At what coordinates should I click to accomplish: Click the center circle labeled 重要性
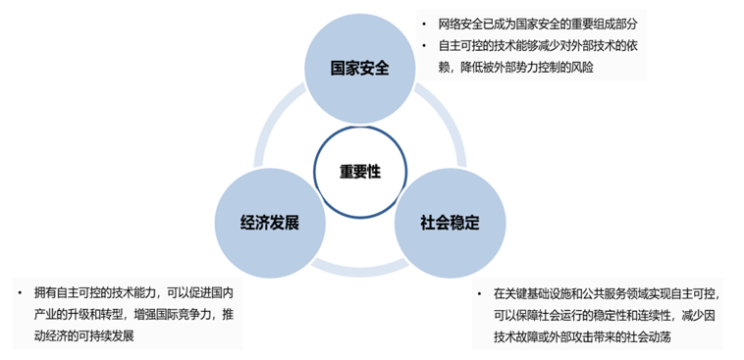pyautogui.click(x=360, y=172)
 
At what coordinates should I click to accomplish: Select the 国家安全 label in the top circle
pyautogui.click(x=359, y=69)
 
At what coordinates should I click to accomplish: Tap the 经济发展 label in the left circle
pyautogui.click(x=270, y=223)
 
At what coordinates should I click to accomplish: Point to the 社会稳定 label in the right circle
pyautogui.click(x=450, y=223)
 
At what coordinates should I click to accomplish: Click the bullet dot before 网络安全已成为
pyautogui.click(x=424, y=24)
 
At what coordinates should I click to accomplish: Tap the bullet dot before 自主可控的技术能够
pyautogui.click(x=424, y=46)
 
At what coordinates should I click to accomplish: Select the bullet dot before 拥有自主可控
pyautogui.click(x=20, y=292)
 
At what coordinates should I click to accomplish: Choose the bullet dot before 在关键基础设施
pyautogui.click(x=479, y=294)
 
